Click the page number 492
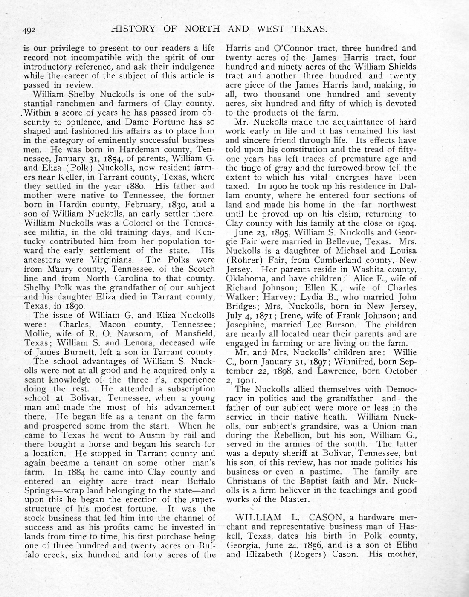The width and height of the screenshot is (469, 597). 31,30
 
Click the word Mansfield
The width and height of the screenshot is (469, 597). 194,333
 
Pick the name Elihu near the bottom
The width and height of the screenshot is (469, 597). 406,545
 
